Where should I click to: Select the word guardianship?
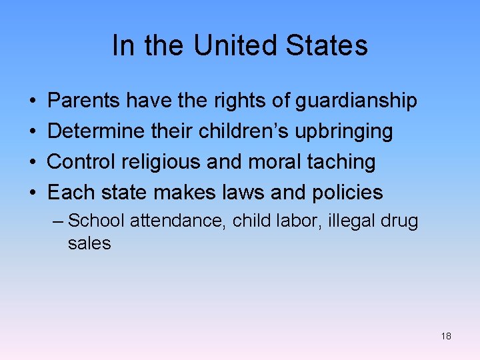pyautogui.click(x=356, y=101)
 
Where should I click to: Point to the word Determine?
pyautogui.click(x=96, y=131)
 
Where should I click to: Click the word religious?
pyautogui.click(x=170, y=162)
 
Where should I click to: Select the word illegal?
pyautogui.click(x=350, y=221)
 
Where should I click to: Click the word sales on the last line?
pyautogui.click(x=89, y=243)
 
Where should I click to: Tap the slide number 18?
pyautogui.click(x=446, y=336)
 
